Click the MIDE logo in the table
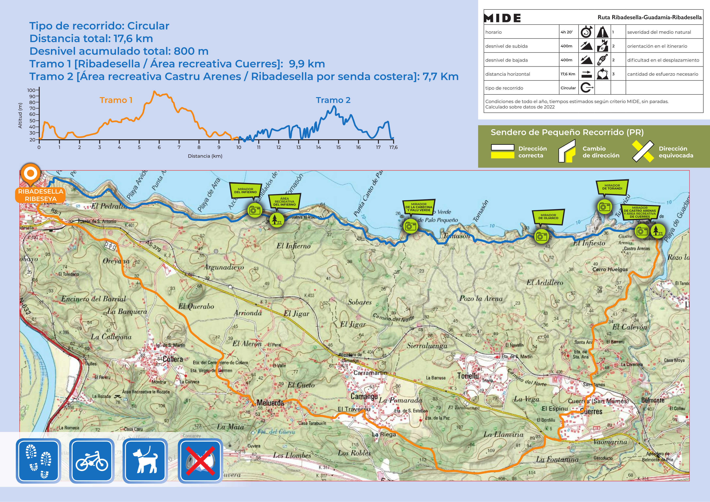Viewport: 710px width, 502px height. (x=502, y=18)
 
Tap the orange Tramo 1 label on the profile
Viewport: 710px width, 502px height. (x=116, y=100)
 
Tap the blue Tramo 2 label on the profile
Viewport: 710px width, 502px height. (x=333, y=100)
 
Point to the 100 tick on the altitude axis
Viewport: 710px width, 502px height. (x=32, y=90)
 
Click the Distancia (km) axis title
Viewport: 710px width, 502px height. (x=205, y=156)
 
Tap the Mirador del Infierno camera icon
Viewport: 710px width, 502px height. (x=255, y=210)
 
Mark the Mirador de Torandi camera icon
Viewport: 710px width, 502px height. (x=605, y=206)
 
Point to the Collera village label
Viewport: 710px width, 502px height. (x=173, y=359)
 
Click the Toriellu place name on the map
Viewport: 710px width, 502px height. (x=468, y=376)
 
